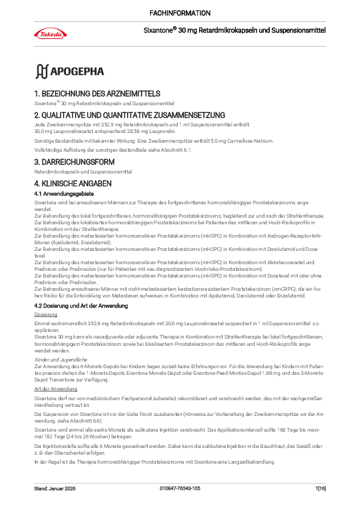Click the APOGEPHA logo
pos(70,71)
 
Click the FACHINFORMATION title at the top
pos(180,13)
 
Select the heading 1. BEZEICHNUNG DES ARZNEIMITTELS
pos(97,94)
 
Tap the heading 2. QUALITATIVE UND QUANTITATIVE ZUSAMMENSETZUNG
pos(129,115)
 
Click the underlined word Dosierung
pos(45,315)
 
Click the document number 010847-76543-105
pos(180,488)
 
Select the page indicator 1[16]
pos(320,488)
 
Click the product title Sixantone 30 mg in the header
pos(234,29)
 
